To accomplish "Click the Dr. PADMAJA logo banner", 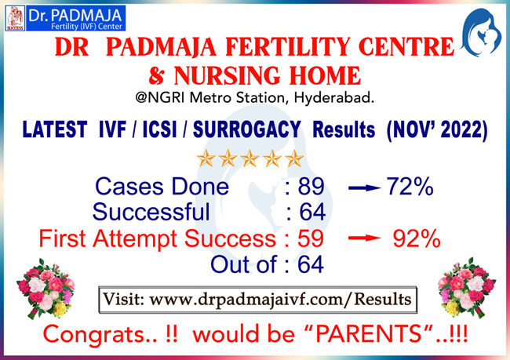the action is click(x=65, y=18).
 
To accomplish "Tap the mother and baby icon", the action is click(x=481, y=32).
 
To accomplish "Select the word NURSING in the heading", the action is click(x=227, y=75).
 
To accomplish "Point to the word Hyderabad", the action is click(x=333, y=97).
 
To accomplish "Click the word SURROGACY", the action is click(x=247, y=129).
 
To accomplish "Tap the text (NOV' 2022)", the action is click(x=437, y=130).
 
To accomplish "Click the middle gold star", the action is click(x=250, y=158).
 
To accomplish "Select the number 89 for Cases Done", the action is click(x=311, y=187).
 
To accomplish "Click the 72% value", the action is click(x=410, y=187).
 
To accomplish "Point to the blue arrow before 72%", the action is click(x=364, y=187).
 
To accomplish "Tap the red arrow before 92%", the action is click(x=364, y=238).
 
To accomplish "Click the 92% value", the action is click(x=417, y=238).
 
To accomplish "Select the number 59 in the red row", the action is click(x=311, y=238).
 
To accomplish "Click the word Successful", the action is click(x=151, y=212).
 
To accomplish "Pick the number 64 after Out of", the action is click(x=311, y=264).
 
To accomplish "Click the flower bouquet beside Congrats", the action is click(x=46, y=288).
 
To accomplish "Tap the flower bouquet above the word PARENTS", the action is click(x=467, y=287).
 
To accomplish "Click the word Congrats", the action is click(x=94, y=335).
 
